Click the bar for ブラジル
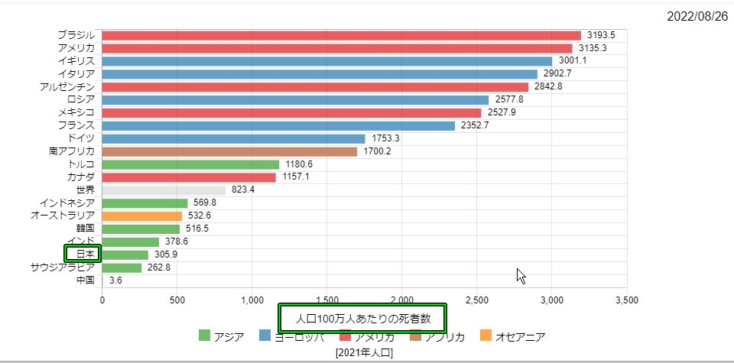341,35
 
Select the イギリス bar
326,61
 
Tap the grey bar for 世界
164,190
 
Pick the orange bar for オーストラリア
141,216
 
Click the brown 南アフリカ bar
229,151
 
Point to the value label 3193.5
601,35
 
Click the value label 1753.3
385,138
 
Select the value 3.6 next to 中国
115,280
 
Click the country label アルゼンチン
67,87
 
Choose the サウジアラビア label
63,267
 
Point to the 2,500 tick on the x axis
476,300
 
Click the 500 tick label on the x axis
177,300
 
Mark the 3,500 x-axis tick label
626,300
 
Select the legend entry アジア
222,336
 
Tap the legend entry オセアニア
512,336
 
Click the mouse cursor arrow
521,275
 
